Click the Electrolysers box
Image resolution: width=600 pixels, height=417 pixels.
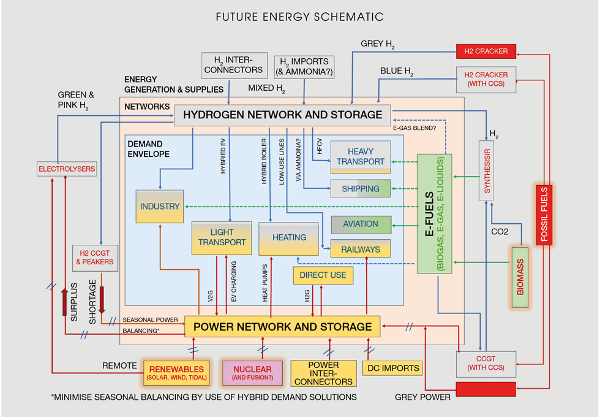[67, 168]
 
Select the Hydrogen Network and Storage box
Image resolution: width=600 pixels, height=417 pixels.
[282, 115]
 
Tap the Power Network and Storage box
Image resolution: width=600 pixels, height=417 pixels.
[282, 326]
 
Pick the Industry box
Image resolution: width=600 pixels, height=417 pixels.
[160, 207]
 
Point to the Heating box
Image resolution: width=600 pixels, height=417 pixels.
[290, 238]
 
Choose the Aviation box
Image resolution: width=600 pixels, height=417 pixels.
[361, 224]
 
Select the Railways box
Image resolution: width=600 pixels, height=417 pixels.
[361, 250]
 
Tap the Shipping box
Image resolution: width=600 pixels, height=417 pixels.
[361, 189]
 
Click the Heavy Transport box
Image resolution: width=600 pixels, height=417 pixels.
[361, 157]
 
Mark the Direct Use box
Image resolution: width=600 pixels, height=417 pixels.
[323, 275]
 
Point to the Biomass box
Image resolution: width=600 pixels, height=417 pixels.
[520, 276]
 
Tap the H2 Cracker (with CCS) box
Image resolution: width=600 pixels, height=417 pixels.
[486, 80]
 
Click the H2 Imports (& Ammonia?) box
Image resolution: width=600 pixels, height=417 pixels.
[304, 66]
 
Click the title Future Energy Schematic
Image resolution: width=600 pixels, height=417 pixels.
[299, 17]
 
